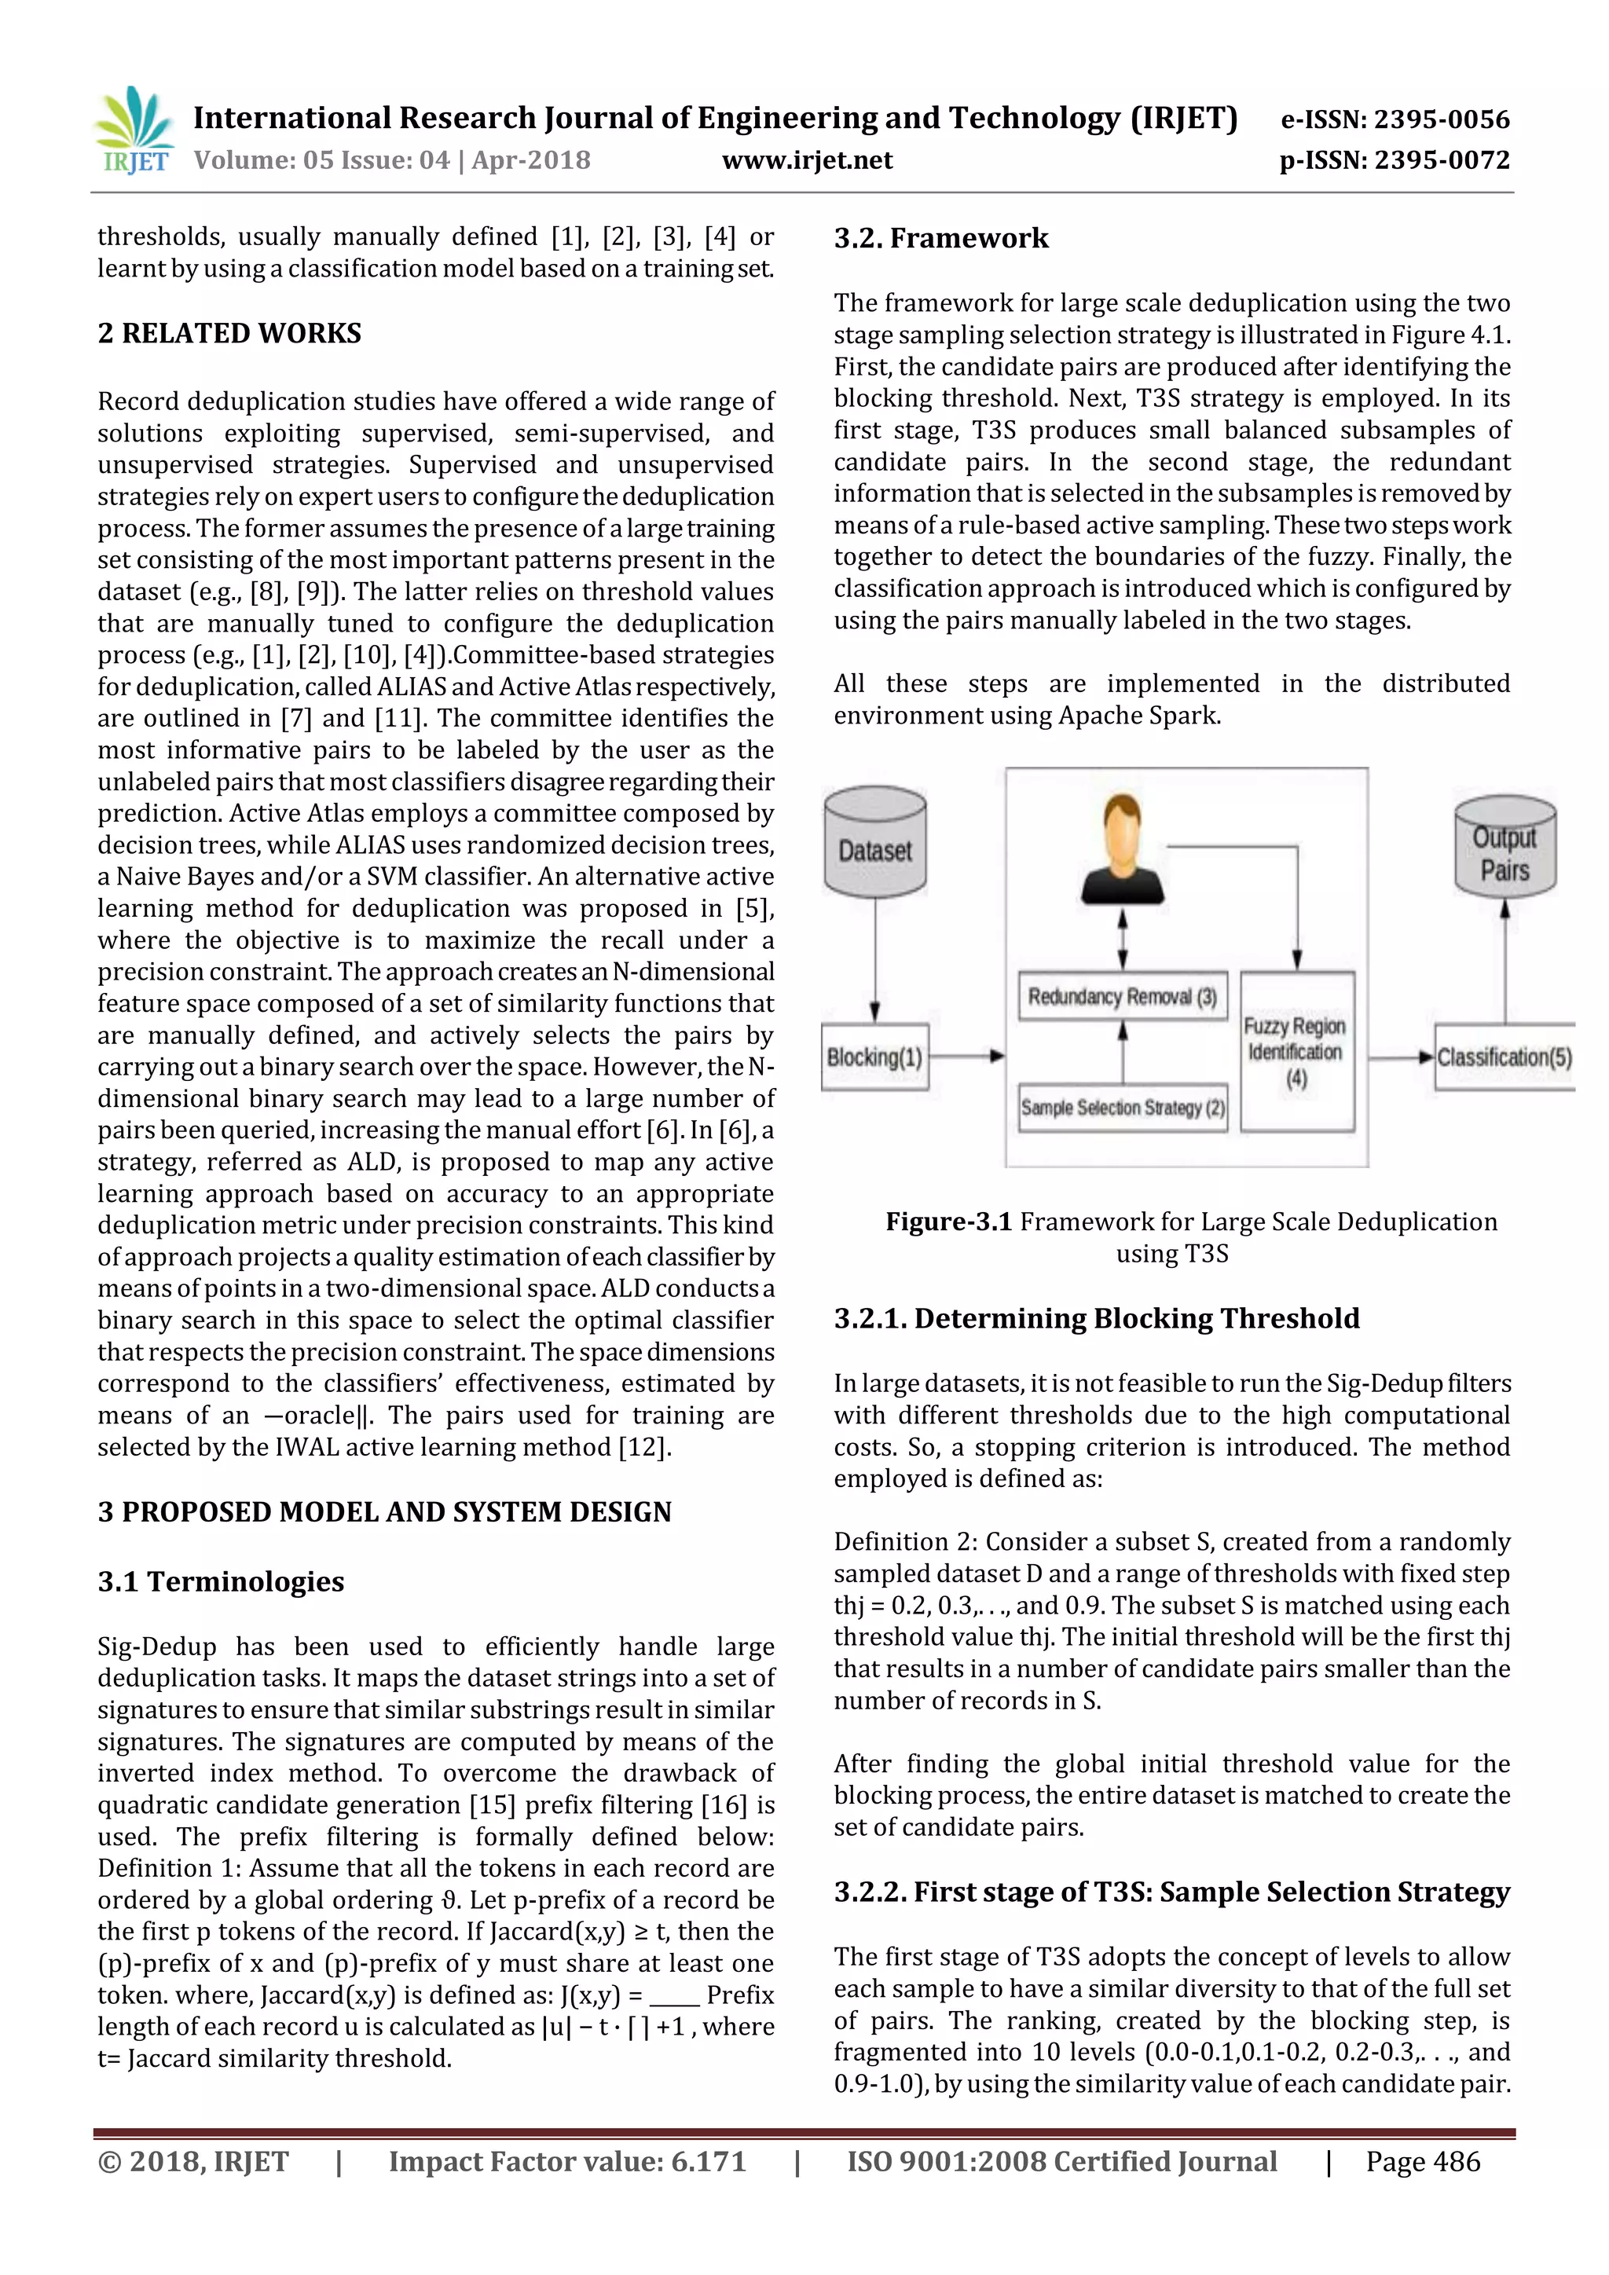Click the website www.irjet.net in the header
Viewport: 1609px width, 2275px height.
[807, 160]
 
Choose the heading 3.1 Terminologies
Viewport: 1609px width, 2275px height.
[220, 1581]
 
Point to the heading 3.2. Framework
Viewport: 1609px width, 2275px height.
[940, 238]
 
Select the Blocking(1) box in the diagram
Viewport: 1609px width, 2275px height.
[875, 1057]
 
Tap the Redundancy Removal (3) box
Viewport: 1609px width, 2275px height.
[1122, 997]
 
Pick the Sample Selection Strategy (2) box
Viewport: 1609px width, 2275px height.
[1122, 1108]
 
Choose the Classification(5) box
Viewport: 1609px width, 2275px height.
[1504, 1057]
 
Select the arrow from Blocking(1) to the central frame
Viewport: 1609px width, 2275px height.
[966, 1057]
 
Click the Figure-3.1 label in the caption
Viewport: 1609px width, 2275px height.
[948, 1222]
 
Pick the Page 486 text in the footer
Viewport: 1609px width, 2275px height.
[1422, 2162]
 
